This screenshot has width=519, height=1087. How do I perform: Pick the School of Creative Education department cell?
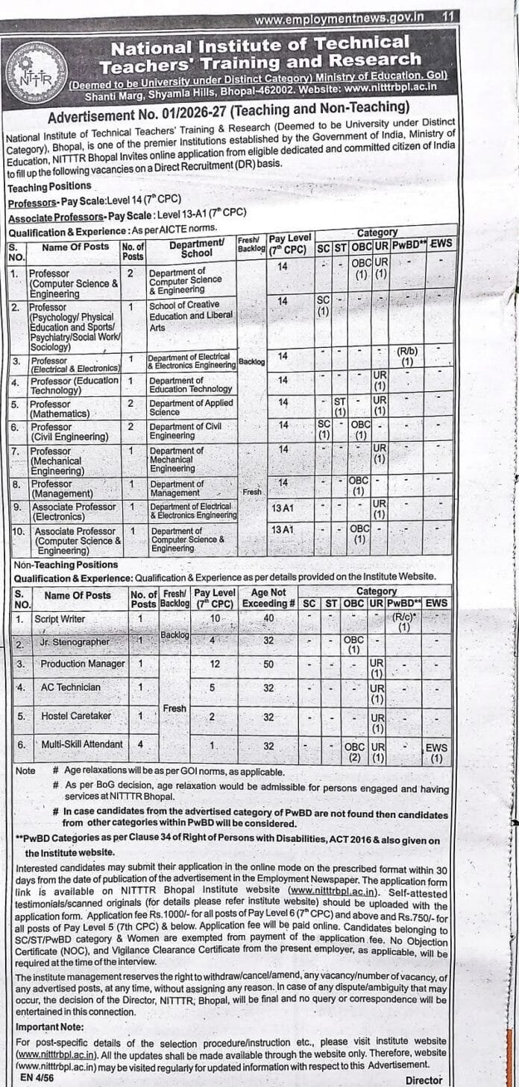191,315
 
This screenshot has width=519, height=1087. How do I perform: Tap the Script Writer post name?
63,618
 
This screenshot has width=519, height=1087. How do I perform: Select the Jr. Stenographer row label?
75,641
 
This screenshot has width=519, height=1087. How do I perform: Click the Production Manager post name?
83,663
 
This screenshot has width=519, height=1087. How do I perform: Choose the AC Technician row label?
70,687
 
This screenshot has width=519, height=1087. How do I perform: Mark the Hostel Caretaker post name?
75,715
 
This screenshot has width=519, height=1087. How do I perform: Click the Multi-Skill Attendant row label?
82,744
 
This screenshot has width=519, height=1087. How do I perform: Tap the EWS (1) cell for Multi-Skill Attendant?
436,752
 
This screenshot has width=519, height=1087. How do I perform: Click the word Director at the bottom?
424,1080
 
